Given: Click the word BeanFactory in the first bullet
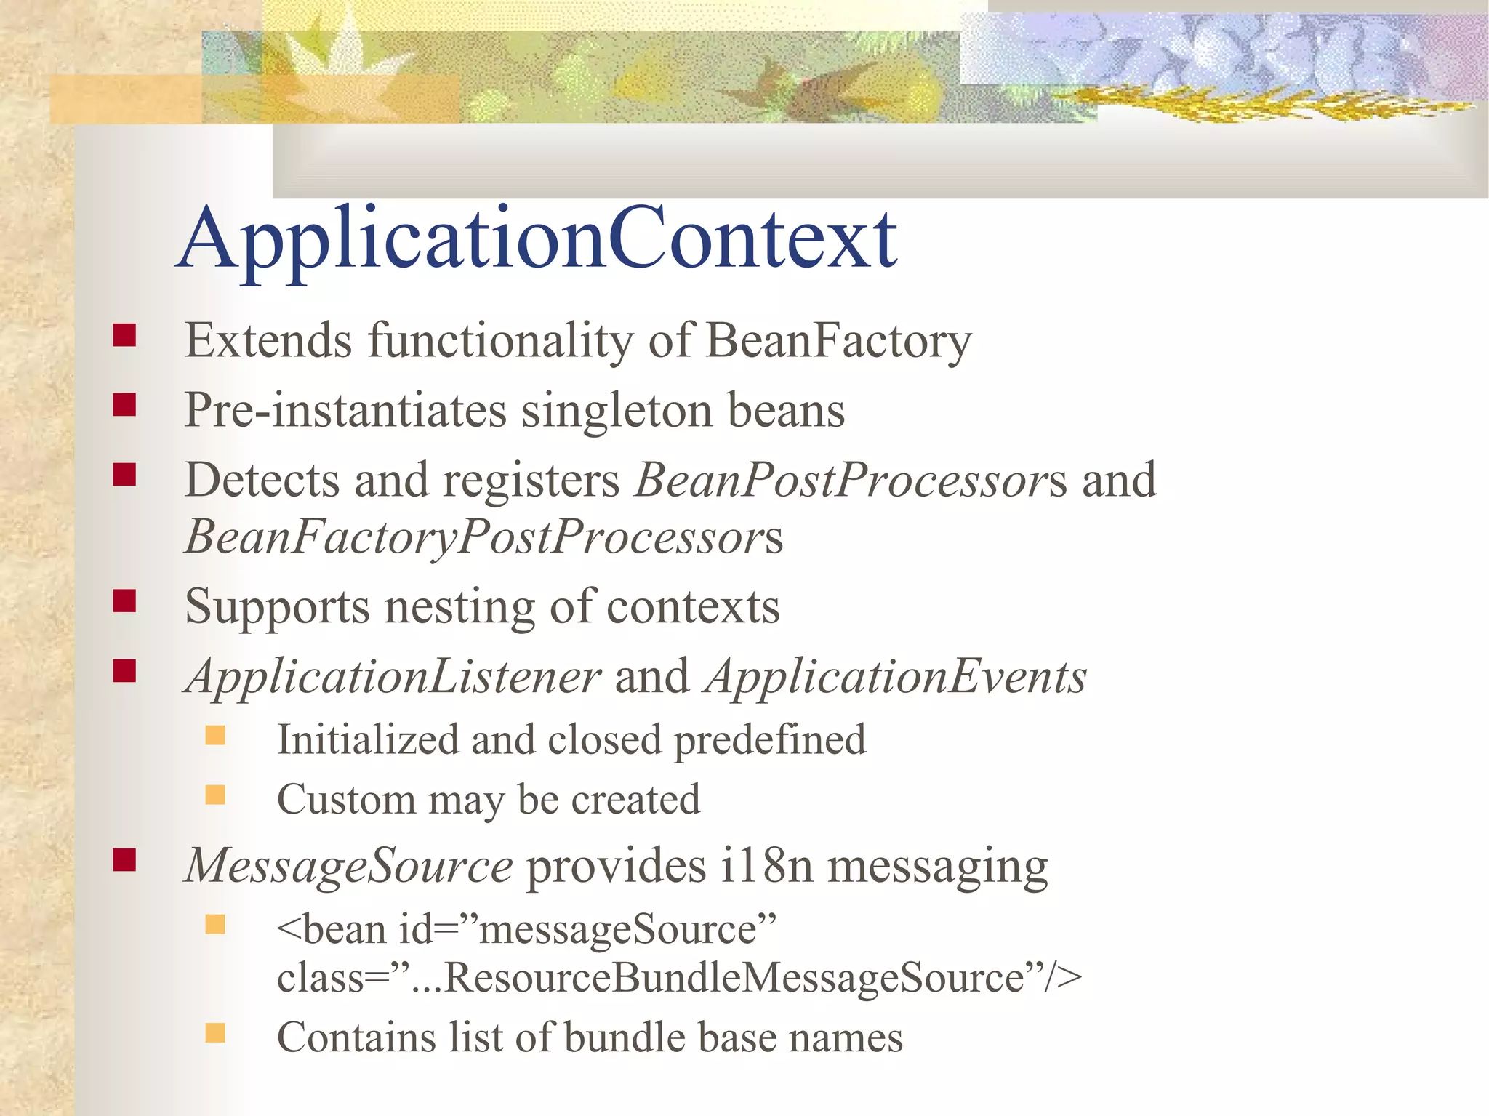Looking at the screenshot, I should [838, 340].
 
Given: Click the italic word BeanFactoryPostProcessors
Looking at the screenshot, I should [483, 537].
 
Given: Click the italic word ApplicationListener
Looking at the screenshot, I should [393, 677].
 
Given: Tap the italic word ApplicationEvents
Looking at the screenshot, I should [896, 677].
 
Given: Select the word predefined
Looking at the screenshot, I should [769, 741].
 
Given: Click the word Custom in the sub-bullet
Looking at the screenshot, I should [345, 800].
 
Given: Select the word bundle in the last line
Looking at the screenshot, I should [624, 1037].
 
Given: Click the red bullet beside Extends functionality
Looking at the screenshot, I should [124, 335].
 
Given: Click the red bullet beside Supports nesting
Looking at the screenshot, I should [124, 601].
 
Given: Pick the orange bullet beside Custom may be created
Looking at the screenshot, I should [215, 795].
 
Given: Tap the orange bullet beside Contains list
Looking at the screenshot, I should [215, 1032].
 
